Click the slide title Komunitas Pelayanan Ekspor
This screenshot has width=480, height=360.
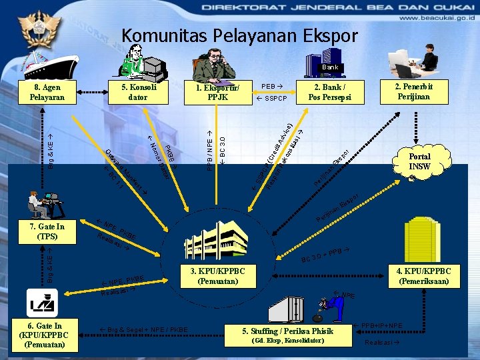[240, 35]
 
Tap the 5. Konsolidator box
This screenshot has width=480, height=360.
[139, 93]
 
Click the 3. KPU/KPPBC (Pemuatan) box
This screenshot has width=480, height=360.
[217, 276]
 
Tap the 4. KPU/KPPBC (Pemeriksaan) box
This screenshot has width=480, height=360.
[424, 276]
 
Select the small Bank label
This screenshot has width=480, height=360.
[330, 67]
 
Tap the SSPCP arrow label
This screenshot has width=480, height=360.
[271, 99]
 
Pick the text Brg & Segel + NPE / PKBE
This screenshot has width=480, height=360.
[143, 329]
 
